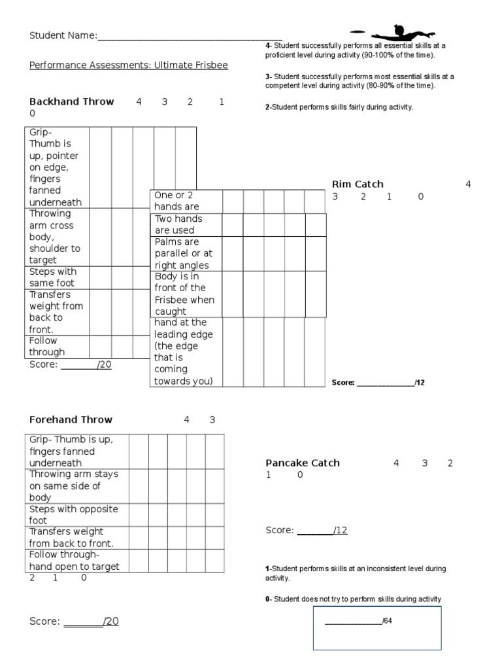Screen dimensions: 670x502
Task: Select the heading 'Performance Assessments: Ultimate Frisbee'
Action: tap(129, 66)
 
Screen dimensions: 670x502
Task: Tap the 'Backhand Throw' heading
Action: tap(72, 101)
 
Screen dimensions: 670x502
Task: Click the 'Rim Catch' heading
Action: tap(358, 184)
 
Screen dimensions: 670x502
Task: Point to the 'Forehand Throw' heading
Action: tap(71, 419)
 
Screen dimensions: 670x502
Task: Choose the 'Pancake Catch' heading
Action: tap(303, 463)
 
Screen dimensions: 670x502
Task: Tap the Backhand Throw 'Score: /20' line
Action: tap(71, 364)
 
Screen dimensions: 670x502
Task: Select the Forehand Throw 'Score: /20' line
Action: tap(74, 621)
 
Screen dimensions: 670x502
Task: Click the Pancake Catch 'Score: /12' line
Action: tap(306, 530)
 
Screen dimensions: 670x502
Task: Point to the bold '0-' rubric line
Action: tap(268, 599)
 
